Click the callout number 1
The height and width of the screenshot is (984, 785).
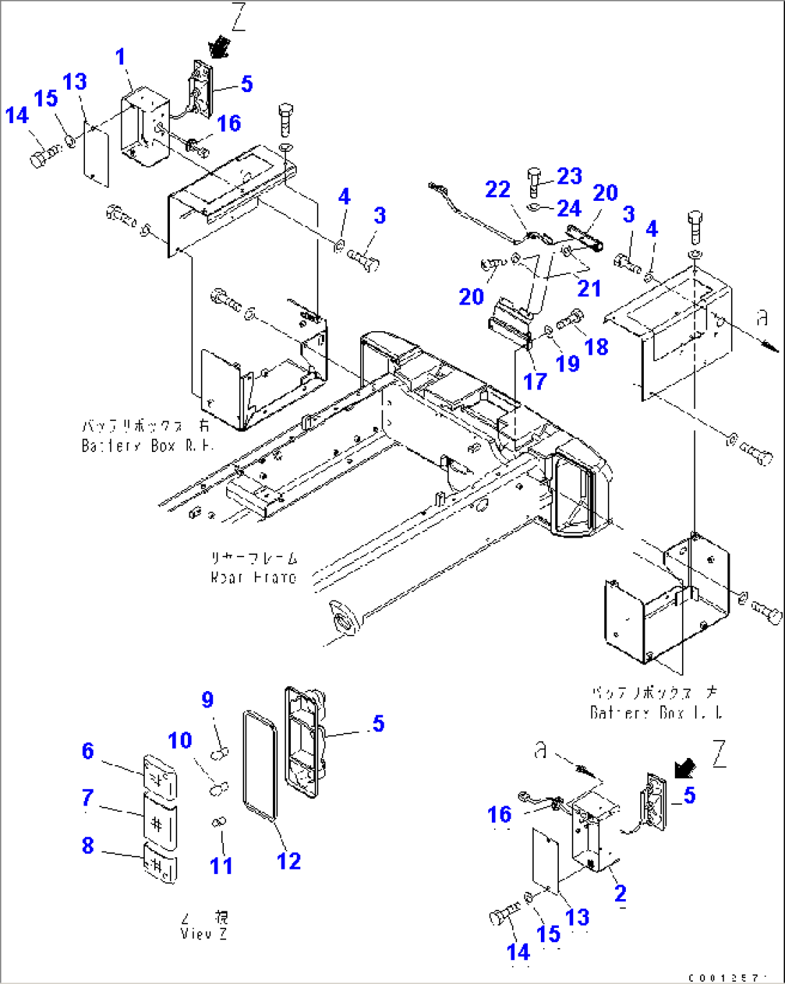pyautogui.click(x=121, y=57)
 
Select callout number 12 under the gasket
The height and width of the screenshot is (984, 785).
pyautogui.click(x=288, y=860)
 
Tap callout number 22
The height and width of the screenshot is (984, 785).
pyautogui.click(x=498, y=189)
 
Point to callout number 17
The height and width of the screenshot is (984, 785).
pyautogui.click(x=534, y=381)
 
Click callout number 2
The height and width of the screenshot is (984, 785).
pyautogui.click(x=619, y=893)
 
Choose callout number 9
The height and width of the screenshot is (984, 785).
pyautogui.click(x=207, y=699)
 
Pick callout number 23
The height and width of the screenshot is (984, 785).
pyautogui.click(x=569, y=176)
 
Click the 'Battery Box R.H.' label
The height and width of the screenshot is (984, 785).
pyautogui.click(x=148, y=446)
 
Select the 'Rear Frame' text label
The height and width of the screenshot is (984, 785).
pyautogui.click(x=254, y=577)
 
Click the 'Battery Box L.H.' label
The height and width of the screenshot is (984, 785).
pyautogui.click(x=655, y=713)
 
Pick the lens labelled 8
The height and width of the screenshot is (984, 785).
pyautogui.click(x=160, y=862)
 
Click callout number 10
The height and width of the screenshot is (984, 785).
pyautogui.click(x=180, y=740)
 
